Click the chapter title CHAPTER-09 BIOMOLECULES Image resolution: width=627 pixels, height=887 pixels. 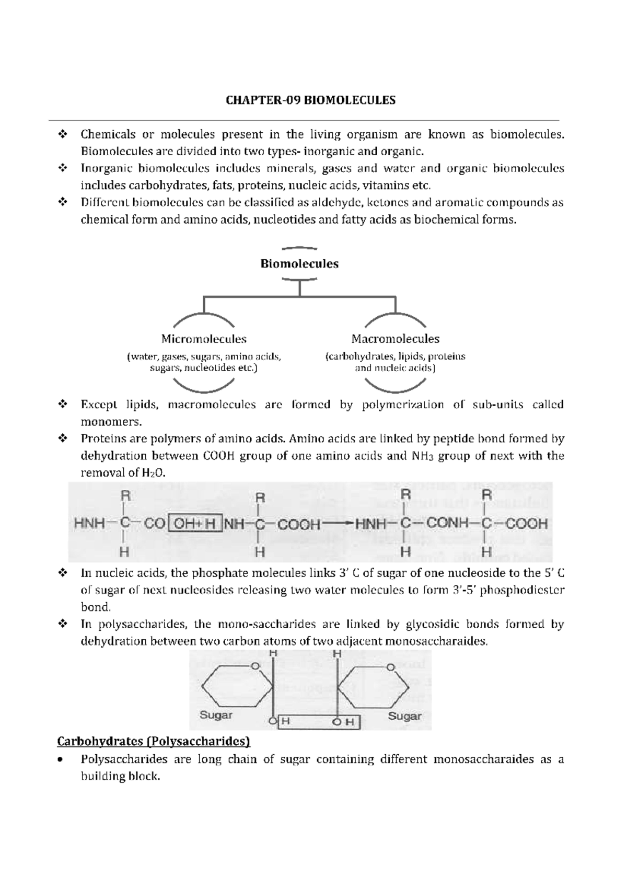310,100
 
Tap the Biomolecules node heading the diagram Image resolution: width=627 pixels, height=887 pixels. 299,264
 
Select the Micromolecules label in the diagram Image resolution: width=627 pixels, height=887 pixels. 204,339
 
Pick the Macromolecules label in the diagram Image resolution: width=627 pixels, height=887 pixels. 396,339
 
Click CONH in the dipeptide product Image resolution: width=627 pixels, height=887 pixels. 448,523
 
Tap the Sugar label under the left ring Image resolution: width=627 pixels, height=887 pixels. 216,715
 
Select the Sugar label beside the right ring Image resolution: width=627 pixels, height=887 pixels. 404,716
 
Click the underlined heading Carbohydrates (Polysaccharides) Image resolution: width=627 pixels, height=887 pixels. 154,742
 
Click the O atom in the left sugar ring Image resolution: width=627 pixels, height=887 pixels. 255,666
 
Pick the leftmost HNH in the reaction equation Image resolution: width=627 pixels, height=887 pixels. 90,523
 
